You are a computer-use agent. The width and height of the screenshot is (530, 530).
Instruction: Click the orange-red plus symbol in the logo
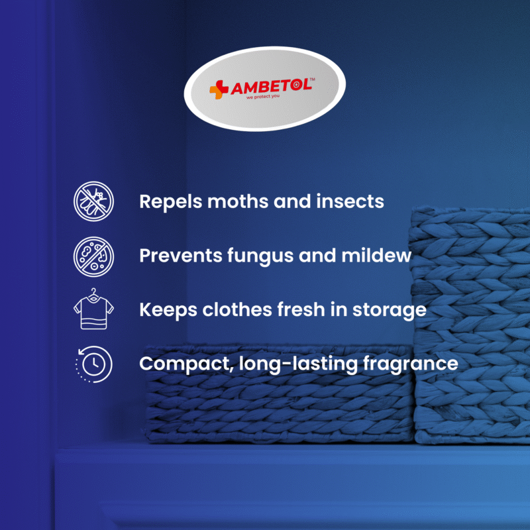(219, 89)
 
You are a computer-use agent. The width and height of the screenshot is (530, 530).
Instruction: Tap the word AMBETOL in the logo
(271, 87)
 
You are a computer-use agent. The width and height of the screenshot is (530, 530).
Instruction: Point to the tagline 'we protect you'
(263, 97)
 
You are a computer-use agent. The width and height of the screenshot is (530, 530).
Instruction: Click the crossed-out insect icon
(93, 201)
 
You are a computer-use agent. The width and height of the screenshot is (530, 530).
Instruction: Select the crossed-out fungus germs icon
(93, 256)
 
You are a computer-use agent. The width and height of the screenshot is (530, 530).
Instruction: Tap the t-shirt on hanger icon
(93, 309)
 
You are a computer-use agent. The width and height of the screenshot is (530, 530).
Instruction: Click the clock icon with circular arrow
(93, 364)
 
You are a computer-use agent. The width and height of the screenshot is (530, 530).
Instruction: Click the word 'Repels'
(170, 202)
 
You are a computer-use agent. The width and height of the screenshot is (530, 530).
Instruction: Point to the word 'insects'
(350, 201)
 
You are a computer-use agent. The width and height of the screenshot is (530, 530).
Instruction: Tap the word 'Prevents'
(180, 256)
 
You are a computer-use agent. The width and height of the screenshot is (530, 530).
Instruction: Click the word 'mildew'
(376, 255)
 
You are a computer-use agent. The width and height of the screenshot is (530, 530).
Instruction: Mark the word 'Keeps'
(168, 310)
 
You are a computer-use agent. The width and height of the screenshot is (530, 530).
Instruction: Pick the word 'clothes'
(237, 309)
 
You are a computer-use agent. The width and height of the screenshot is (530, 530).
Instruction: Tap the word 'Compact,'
(186, 364)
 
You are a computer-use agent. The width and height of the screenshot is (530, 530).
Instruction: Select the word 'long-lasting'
(298, 364)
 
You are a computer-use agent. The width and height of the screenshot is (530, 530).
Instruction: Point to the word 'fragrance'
(410, 364)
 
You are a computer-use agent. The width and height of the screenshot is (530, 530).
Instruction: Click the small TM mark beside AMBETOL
(312, 79)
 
